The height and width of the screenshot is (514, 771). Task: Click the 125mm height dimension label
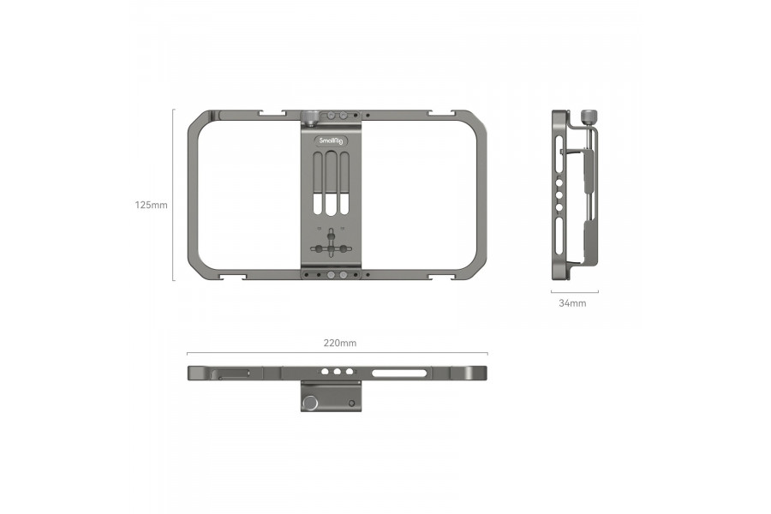click(x=151, y=206)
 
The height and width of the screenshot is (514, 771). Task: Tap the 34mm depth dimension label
click(x=572, y=303)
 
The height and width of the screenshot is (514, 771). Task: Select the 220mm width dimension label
click(x=339, y=343)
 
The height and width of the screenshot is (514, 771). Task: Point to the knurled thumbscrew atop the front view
click(x=309, y=116)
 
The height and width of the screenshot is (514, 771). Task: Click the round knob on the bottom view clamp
click(x=309, y=402)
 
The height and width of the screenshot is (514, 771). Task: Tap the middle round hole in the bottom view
click(x=338, y=373)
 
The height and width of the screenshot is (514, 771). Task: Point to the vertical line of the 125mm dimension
click(x=173, y=194)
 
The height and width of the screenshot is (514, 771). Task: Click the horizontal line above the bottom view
click(x=338, y=353)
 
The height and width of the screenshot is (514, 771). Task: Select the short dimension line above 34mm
click(x=574, y=292)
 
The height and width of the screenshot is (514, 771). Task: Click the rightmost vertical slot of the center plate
click(x=344, y=184)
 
